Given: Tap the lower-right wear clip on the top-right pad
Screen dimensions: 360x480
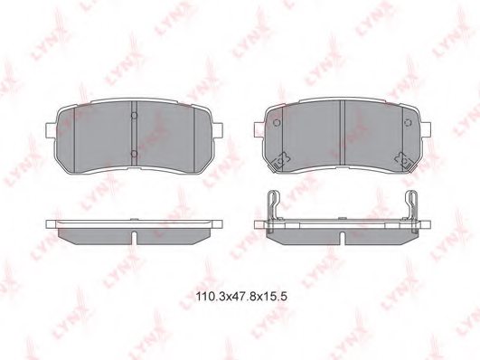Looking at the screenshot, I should (405, 159).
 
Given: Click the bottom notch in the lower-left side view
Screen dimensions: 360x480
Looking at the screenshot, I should (133, 237).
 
